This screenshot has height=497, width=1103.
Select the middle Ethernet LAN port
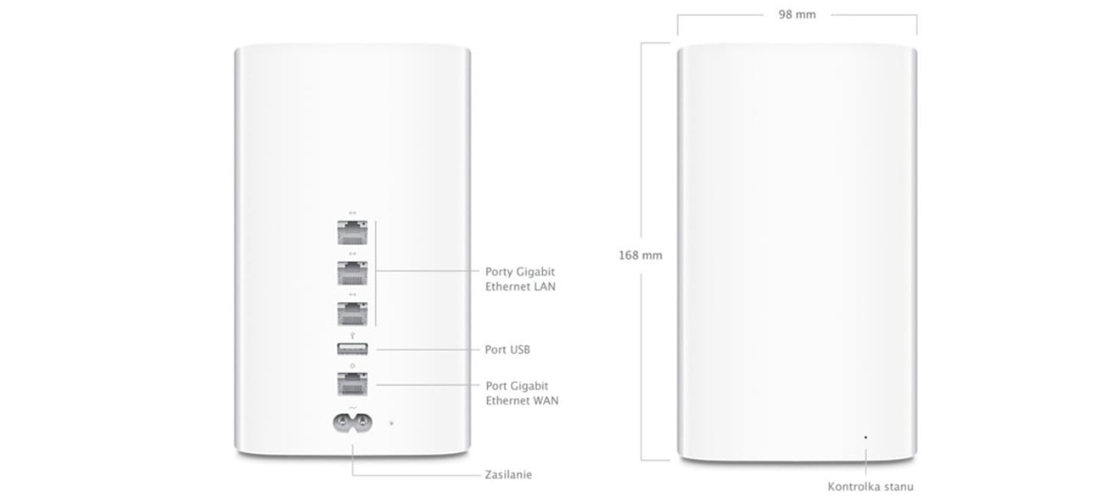pyautogui.click(x=352, y=273)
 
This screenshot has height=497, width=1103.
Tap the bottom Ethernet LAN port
pyautogui.click(x=352, y=313)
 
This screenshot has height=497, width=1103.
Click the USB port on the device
pyautogui.click(x=352, y=349)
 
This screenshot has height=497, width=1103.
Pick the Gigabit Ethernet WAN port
pyautogui.click(x=352, y=383)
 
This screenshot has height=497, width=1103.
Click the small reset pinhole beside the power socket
pyautogui.click(x=390, y=420)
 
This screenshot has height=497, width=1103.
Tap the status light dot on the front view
pyautogui.click(x=865, y=437)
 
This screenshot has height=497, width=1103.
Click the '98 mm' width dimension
pyautogui.click(x=797, y=15)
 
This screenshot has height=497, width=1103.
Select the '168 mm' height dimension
pyautogui.click(x=640, y=254)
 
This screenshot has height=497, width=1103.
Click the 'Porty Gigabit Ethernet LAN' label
pyautogui.click(x=520, y=279)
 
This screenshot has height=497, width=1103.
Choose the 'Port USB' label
pyautogui.click(x=508, y=349)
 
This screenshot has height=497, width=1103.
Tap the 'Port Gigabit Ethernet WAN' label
pyautogui.click(x=522, y=393)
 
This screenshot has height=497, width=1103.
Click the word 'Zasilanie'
pyautogui.click(x=508, y=475)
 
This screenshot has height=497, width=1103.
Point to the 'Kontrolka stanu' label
pyautogui.click(x=871, y=486)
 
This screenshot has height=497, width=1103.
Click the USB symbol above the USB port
pyautogui.click(x=352, y=335)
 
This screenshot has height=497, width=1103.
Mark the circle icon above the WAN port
pyautogui.click(x=352, y=366)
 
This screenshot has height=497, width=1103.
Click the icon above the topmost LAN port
pyautogui.click(x=352, y=213)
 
